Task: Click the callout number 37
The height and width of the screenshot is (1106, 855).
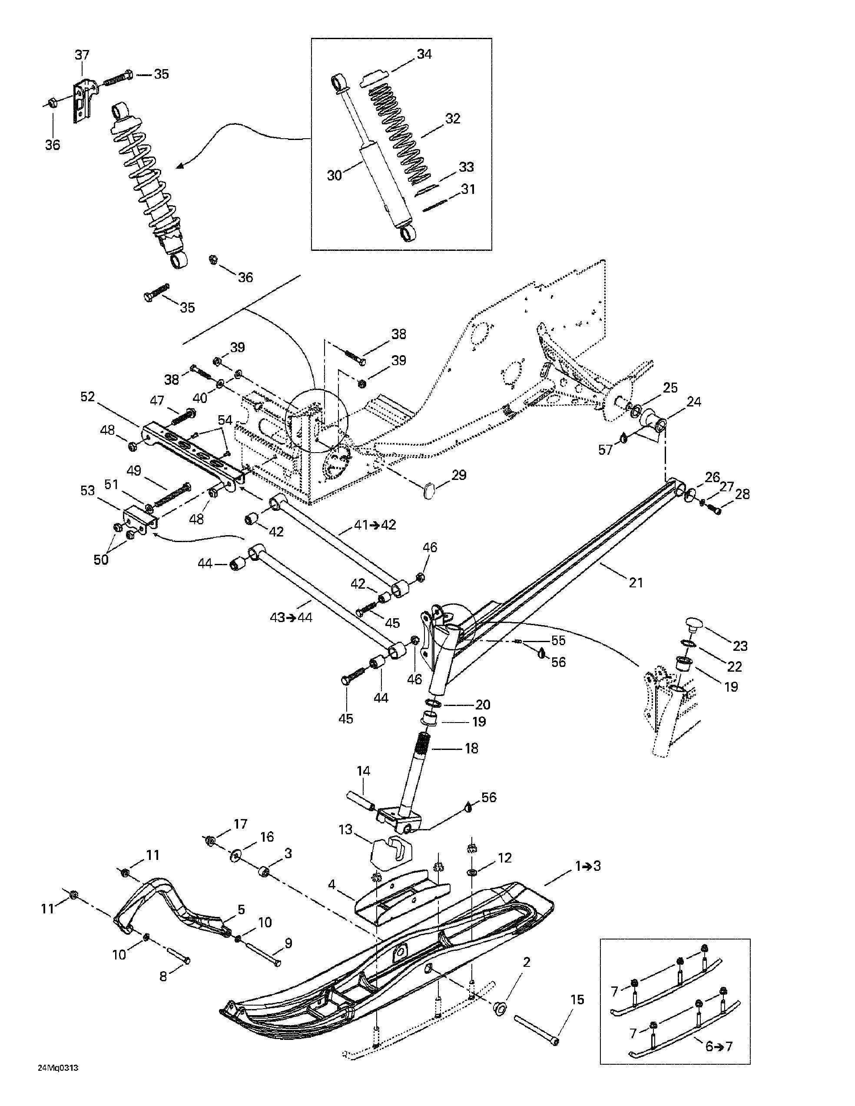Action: click(82, 55)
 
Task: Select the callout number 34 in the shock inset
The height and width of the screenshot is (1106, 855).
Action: click(424, 54)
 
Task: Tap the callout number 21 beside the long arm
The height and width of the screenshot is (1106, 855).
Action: click(636, 583)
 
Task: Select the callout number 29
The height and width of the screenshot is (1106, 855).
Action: click(458, 476)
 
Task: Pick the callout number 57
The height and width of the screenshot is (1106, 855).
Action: click(605, 450)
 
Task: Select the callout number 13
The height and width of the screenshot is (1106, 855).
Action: click(345, 829)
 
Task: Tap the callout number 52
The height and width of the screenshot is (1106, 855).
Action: click(87, 396)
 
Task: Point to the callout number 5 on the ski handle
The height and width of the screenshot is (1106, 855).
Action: click(241, 909)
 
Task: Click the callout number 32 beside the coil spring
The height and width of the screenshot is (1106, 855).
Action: click(452, 119)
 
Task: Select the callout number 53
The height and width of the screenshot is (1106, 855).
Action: click(87, 490)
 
